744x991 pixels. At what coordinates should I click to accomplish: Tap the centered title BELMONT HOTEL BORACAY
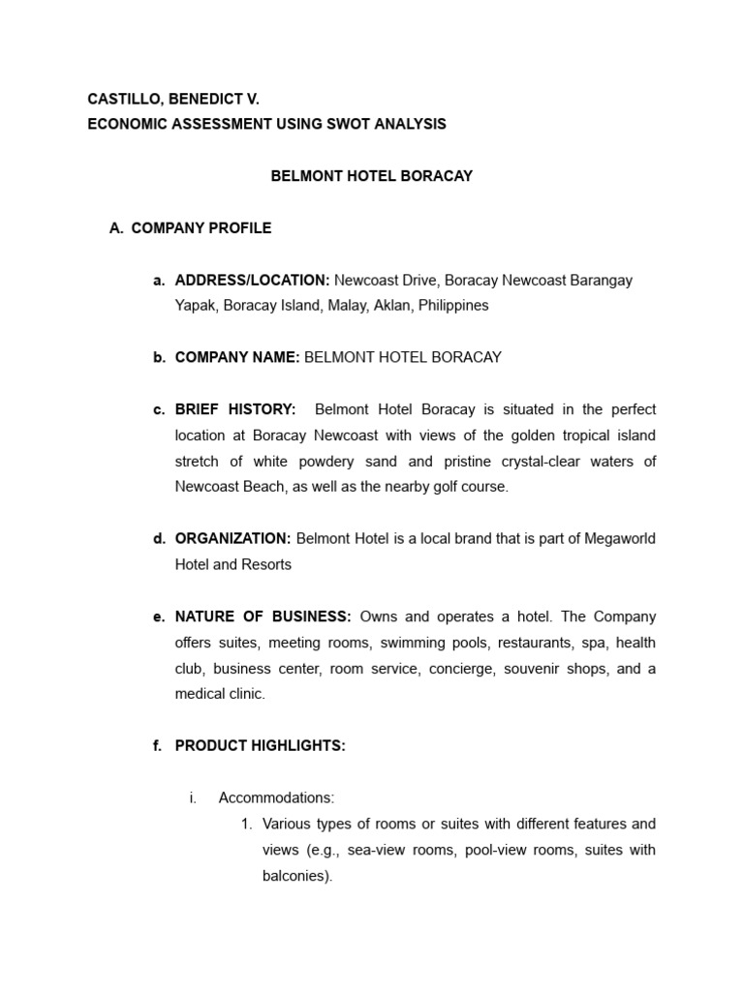click(x=371, y=176)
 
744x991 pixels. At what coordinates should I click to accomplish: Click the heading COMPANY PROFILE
click(x=201, y=228)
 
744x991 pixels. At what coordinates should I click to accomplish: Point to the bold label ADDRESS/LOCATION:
click(x=252, y=280)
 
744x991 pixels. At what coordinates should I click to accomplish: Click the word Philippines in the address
click(x=454, y=306)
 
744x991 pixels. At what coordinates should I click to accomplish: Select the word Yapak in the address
click(x=195, y=306)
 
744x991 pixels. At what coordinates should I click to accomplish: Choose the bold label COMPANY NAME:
click(x=237, y=357)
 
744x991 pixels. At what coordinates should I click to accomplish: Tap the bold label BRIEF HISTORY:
click(x=235, y=409)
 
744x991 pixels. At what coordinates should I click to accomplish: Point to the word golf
click(x=436, y=487)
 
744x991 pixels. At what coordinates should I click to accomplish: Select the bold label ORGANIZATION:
click(x=232, y=538)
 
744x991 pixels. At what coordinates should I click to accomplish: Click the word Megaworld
click(x=620, y=538)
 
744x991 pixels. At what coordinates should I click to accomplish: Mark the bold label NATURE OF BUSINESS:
click(x=263, y=616)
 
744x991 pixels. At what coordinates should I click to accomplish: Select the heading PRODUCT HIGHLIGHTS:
click(x=260, y=746)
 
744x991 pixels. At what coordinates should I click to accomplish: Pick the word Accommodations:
click(x=276, y=798)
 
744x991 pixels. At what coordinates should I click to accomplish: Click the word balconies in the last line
click(x=295, y=877)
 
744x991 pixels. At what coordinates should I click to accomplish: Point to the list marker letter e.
click(x=157, y=616)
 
